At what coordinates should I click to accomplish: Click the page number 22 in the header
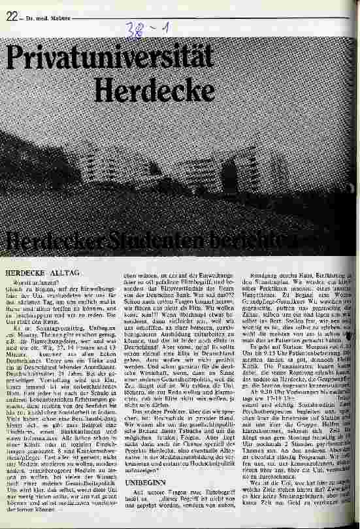click(10, 18)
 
